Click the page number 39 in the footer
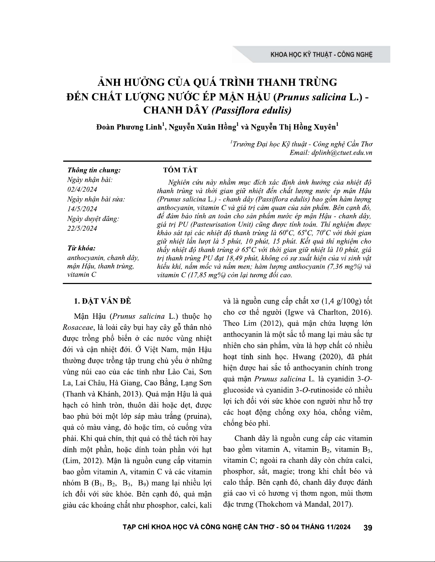coord(368,528)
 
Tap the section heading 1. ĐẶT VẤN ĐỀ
coord(102,301)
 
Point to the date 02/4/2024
coord(82,189)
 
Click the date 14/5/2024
coord(82,209)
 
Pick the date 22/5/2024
coord(82,228)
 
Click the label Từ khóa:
coord(81,248)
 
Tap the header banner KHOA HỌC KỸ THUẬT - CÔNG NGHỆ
coord(321,55)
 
